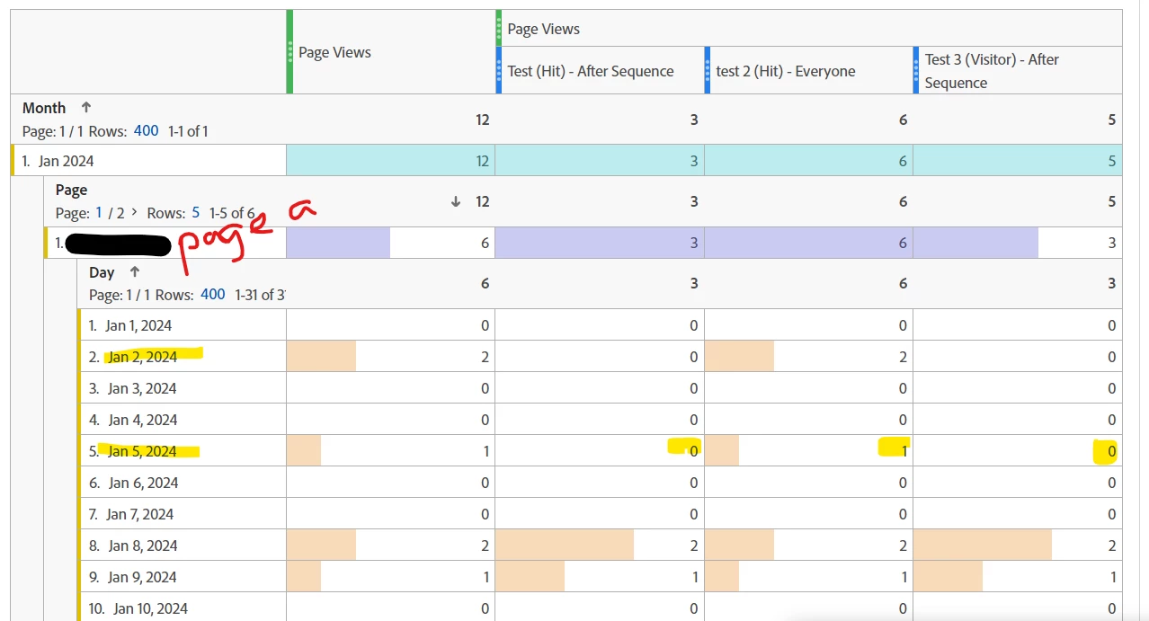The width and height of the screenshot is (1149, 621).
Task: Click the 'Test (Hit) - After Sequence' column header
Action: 591,71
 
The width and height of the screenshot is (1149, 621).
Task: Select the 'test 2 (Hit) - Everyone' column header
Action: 785,71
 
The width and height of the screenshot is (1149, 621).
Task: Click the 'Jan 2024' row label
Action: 66,162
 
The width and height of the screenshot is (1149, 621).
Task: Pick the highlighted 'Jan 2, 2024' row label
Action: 142,357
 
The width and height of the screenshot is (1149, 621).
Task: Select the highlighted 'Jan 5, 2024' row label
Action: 142,451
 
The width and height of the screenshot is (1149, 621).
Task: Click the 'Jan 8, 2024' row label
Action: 142,546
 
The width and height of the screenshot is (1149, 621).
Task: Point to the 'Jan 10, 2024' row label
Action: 150,608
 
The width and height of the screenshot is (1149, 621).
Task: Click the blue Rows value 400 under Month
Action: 147,131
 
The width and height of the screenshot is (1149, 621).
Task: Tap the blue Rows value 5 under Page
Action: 195,213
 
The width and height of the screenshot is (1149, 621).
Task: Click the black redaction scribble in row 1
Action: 118,244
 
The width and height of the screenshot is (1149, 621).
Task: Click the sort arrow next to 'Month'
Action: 86,107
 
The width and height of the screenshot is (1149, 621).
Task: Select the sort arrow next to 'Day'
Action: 135,271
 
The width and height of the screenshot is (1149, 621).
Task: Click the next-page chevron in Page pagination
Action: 134,213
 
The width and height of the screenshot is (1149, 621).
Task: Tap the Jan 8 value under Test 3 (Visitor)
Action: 1111,546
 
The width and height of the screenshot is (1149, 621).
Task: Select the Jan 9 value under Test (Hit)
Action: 693,577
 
